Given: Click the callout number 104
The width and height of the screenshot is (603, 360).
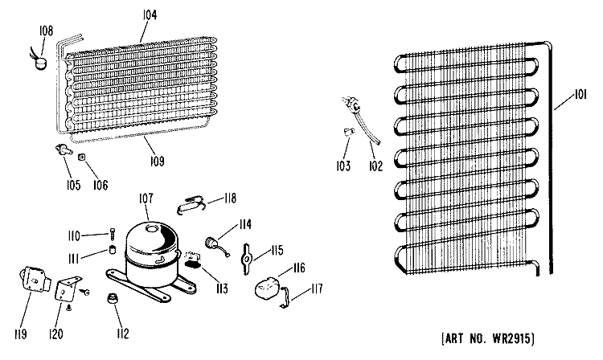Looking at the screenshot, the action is [150, 15].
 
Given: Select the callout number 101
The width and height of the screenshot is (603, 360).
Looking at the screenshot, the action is [580, 95].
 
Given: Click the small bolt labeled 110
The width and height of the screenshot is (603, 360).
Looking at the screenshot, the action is [113, 235].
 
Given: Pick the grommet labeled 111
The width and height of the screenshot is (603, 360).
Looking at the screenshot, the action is [113, 250].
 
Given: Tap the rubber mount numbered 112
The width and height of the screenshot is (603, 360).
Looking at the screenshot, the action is [113, 298].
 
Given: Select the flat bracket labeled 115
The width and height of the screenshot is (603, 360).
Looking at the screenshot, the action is [246, 260].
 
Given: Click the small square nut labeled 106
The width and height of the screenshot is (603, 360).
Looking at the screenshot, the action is [82, 157].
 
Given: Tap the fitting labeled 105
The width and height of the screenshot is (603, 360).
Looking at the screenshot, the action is [64, 149].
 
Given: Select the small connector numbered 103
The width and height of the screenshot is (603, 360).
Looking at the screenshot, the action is [348, 132].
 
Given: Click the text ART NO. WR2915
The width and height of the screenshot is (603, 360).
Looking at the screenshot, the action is [488, 338].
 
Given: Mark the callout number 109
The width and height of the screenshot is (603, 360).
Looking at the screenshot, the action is [158, 162].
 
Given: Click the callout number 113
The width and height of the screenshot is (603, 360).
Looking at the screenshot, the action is [222, 288].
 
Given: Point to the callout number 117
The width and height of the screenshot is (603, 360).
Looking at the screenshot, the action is [317, 288].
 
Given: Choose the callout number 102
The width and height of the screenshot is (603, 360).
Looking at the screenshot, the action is [375, 166].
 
